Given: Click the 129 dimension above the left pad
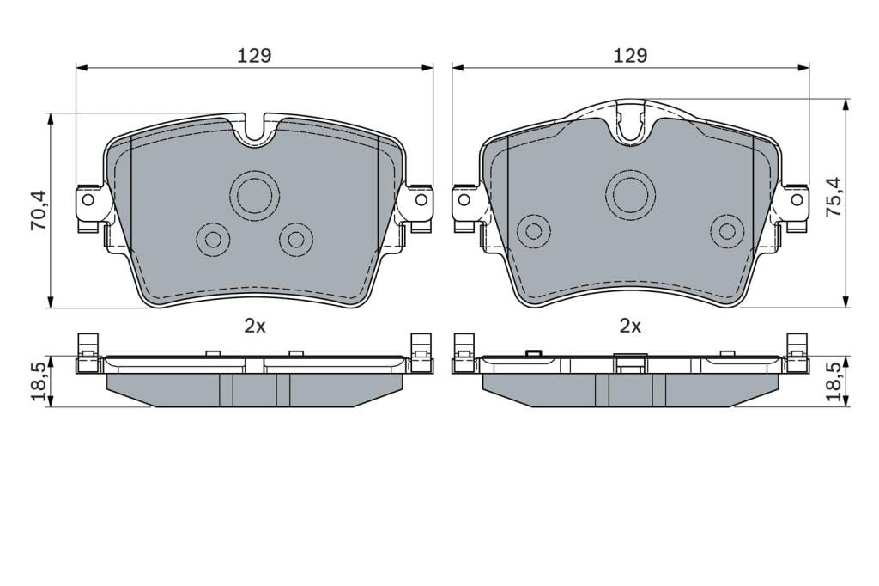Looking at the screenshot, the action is coord(254,56).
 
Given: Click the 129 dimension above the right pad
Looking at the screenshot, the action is coord(630,56).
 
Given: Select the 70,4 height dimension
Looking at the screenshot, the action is coord(39,211).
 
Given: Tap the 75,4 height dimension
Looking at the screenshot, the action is coord(834,197).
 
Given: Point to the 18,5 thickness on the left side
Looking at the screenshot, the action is coord(39,382).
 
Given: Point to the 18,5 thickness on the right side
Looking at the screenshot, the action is coord(834,382).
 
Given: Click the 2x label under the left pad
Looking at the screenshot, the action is coord(254,327).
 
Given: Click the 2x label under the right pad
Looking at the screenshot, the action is coord(630,327).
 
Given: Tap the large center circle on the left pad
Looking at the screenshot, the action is coord(254,193).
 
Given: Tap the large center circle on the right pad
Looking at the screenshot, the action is coord(631,193).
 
